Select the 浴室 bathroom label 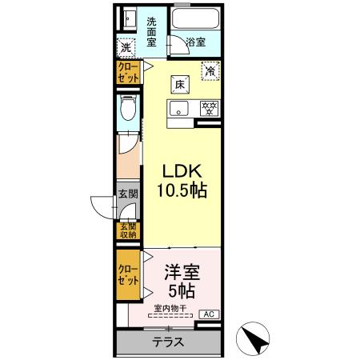coord(196,42)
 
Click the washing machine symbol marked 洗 coord(126,47)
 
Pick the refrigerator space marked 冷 coord(210,70)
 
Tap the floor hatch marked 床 coord(182,83)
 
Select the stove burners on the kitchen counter coord(208,107)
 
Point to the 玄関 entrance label coord(128,193)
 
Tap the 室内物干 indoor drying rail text coord(170,308)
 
